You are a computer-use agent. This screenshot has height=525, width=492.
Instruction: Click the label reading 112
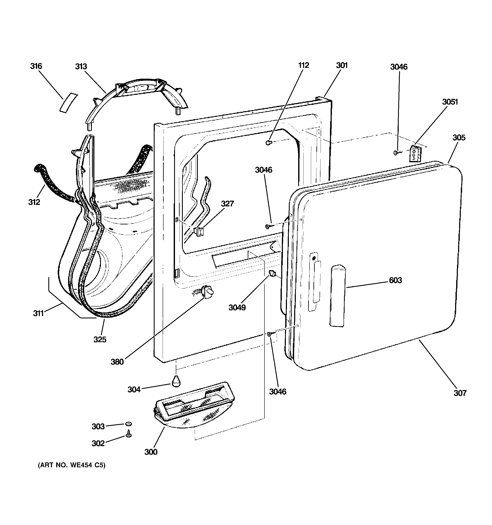point(303,65)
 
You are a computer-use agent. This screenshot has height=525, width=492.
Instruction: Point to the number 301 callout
point(342,65)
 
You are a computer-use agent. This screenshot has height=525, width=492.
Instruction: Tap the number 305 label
point(459,138)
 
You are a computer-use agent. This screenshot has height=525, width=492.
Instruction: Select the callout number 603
point(395,280)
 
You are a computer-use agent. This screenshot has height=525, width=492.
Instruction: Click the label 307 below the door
point(460,393)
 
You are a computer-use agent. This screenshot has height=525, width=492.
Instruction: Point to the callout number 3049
point(237,307)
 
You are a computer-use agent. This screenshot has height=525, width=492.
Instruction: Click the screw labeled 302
point(129,434)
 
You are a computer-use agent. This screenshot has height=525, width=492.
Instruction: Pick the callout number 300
point(151,452)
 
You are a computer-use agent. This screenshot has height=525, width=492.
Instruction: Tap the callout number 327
point(227,204)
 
